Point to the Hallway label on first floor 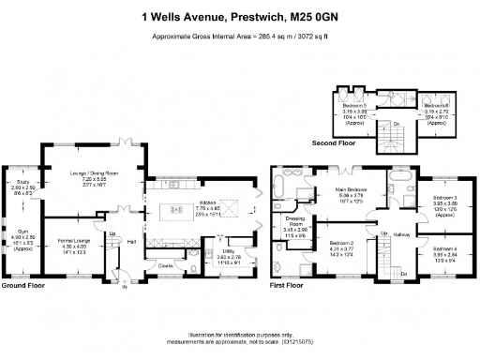click(403, 235)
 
